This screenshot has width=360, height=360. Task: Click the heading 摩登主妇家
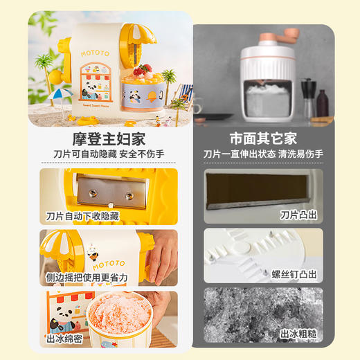pyautogui.click(x=109, y=138)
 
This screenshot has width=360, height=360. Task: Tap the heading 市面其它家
pyautogui.click(x=263, y=138)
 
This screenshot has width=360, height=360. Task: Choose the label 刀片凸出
pyautogui.click(x=298, y=216)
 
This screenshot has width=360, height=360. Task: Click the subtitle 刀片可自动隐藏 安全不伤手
pyautogui.click(x=109, y=154)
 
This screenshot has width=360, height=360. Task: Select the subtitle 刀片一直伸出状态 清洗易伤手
pyautogui.click(x=263, y=154)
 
